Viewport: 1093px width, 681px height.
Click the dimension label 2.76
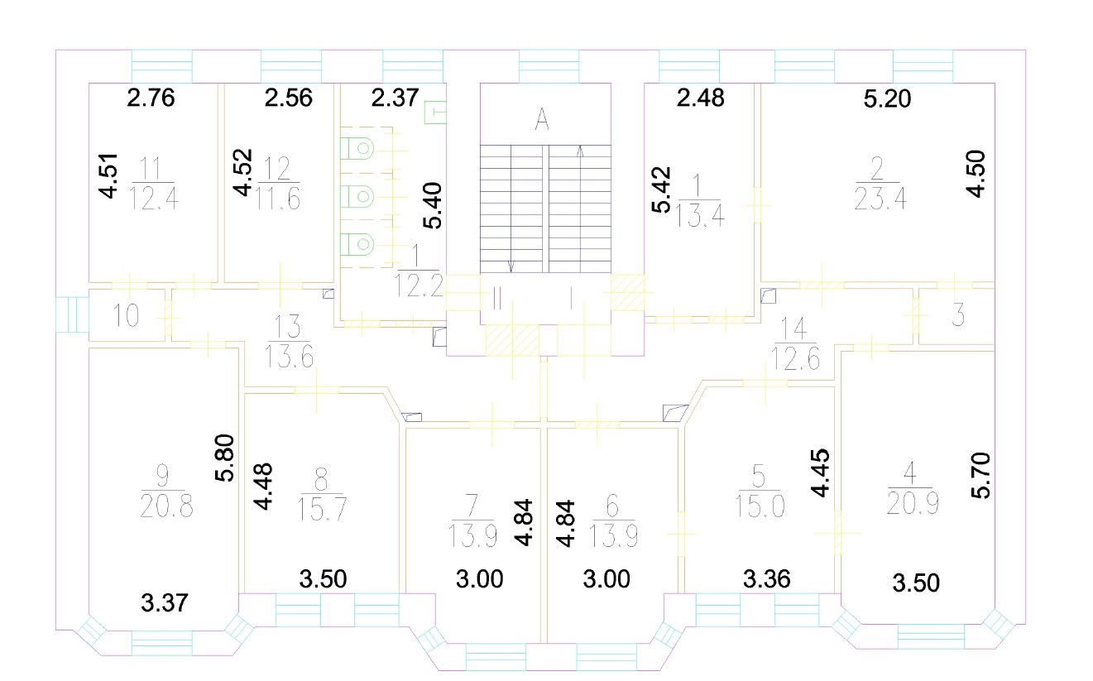[151, 98]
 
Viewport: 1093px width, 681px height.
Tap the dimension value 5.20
[887, 99]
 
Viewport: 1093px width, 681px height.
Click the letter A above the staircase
[542, 119]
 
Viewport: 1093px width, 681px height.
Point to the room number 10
[126, 315]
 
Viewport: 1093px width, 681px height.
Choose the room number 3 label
[958, 314]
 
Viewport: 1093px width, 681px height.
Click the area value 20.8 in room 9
[166, 506]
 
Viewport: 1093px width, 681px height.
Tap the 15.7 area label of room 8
[323, 510]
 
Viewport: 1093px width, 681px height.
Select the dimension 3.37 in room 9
[165, 603]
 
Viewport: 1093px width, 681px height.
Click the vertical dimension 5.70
[980, 476]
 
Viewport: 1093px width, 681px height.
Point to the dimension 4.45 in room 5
[820, 473]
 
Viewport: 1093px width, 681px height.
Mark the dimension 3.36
[766, 579]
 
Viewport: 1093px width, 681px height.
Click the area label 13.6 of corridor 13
[289, 356]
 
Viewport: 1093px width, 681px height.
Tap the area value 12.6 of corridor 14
[795, 359]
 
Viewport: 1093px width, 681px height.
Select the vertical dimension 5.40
[433, 205]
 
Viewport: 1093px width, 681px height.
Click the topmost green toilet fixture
[357, 148]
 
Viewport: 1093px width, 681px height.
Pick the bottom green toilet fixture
[357, 244]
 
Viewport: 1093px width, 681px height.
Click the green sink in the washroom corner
[435, 113]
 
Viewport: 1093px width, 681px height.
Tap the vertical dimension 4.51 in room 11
[108, 176]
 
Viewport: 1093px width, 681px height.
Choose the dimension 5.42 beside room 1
[662, 189]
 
